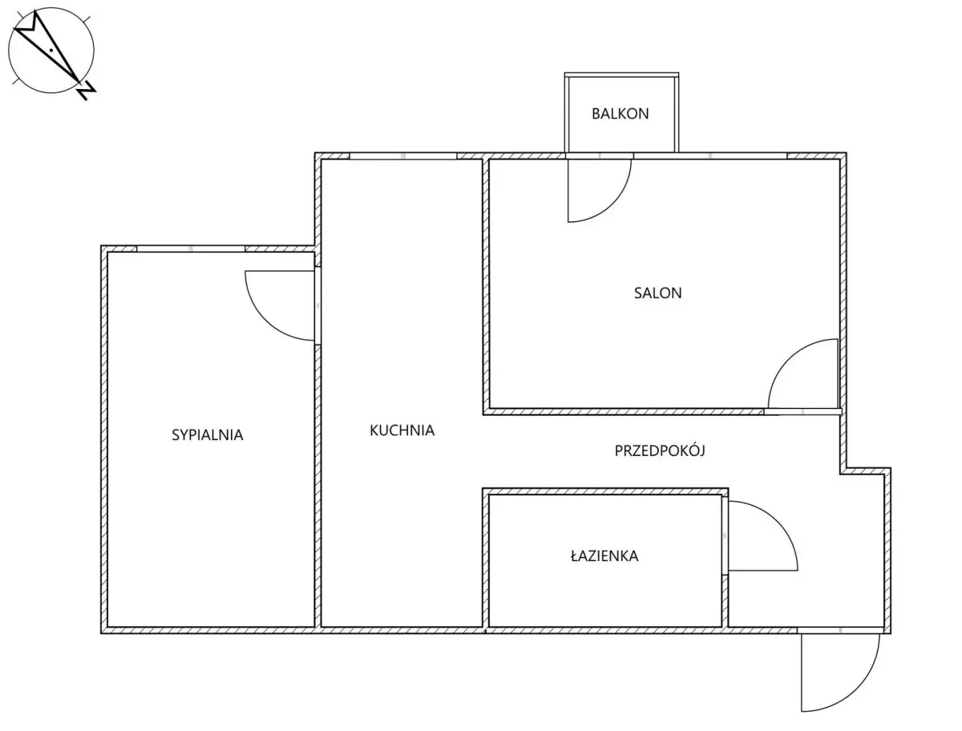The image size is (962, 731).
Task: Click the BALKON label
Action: pos(620,114)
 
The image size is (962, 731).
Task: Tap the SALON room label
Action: pos(657,293)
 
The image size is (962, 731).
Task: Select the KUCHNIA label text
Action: pos(402,430)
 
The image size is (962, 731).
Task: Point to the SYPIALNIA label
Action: pos(207,435)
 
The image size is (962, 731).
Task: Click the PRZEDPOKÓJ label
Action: pos(660,450)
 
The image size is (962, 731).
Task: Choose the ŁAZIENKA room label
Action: pos(604,556)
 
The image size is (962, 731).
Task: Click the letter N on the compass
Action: pos(87,91)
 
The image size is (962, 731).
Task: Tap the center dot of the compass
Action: pos(51,50)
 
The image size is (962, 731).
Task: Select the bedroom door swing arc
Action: pos(264,320)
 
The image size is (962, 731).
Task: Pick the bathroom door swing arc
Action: pos(777,521)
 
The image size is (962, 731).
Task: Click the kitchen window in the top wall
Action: pos(402,156)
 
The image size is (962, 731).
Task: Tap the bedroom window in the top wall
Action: pos(191,248)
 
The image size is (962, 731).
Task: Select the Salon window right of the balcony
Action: pos(710,156)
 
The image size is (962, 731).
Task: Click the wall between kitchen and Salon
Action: pos(486,285)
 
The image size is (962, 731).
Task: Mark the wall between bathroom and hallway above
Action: pos(605,491)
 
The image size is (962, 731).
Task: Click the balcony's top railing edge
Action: pos(621,75)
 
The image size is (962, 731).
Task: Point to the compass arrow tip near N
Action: pos(79,82)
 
